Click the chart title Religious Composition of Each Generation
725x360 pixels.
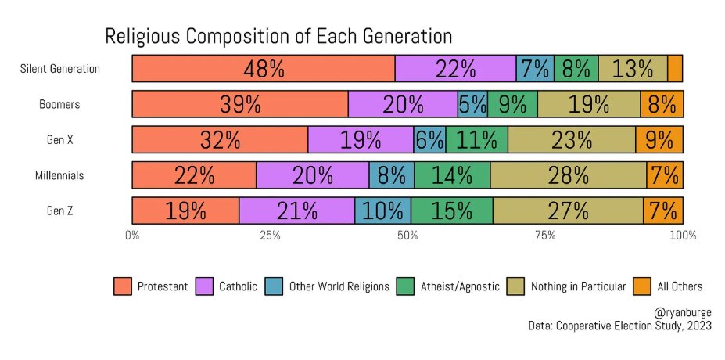tap(278, 37)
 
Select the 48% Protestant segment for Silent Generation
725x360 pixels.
tap(263, 69)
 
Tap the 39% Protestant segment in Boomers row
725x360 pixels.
tap(239, 104)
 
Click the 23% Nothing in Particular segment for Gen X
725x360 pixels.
tap(571, 139)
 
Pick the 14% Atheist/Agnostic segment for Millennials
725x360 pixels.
tap(452, 175)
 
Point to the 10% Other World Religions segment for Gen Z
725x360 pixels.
tap(382, 211)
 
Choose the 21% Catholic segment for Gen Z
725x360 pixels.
tap(296, 211)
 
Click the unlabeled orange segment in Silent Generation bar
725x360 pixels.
tap(675, 69)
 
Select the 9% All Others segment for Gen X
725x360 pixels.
tap(659, 139)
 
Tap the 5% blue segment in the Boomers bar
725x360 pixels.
tap(473, 104)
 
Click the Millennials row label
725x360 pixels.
tap(59, 175)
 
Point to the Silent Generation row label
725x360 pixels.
tap(60, 69)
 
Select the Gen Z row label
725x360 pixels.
tap(59, 211)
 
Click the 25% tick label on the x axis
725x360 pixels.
tap(270, 235)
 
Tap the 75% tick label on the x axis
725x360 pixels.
tap(545, 235)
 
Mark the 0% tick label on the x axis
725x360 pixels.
tap(132, 235)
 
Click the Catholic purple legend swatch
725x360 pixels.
tap(206, 286)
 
